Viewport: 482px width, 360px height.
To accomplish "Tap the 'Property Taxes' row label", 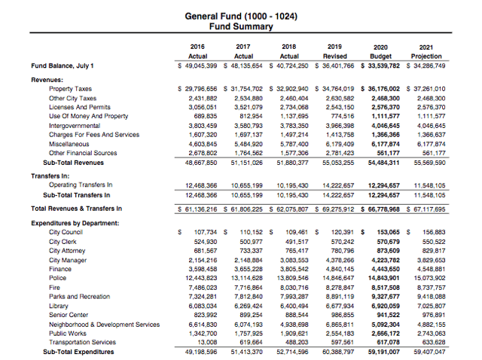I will pyautogui.click(x=70, y=89).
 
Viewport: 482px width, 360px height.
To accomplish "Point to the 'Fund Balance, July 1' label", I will pyautogui.click(x=63, y=66).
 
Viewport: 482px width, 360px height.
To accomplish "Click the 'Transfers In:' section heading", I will pyautogui.click(x=50, y=174).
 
